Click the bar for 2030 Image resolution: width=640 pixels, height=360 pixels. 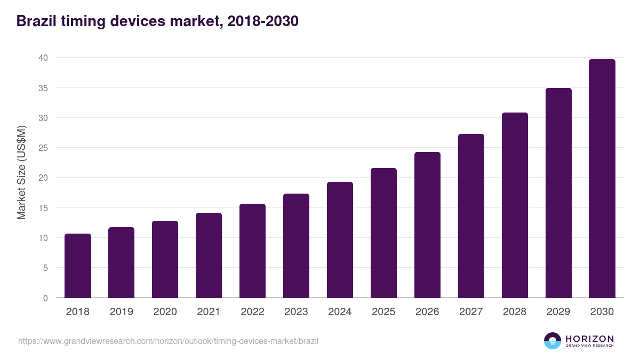602,179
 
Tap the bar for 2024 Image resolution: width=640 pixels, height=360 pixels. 340,240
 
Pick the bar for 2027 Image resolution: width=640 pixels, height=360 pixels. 471,216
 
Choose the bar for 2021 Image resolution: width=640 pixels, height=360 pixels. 209,255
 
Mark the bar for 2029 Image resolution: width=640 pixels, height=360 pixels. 558,193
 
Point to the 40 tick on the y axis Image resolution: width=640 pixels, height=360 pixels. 43,58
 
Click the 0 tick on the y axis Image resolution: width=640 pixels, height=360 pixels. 45,298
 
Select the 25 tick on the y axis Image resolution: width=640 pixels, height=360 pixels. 43,148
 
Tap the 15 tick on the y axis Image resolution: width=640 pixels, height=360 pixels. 43,208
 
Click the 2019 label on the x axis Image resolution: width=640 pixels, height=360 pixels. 122,312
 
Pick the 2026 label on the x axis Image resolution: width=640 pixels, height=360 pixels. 427,312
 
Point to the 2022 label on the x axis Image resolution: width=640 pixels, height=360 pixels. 252,312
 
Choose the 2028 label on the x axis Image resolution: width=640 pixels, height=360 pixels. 515,312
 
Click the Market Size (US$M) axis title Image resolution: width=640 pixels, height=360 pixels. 22,173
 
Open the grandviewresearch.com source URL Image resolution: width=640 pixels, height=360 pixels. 168,341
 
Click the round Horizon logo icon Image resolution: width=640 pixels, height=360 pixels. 553,341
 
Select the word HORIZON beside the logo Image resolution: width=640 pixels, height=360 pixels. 589,339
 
